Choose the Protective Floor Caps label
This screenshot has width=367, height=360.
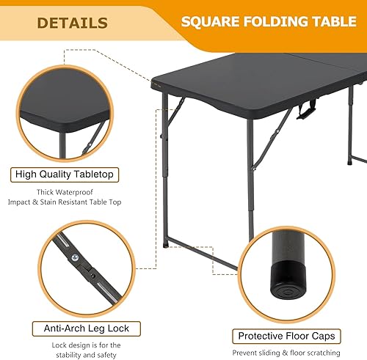coord(287,337)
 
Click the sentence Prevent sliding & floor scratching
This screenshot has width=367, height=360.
coord(287,353)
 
